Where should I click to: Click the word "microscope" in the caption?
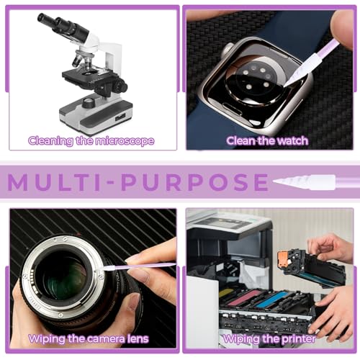pos(125,140)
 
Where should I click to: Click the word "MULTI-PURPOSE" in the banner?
pos(138,182)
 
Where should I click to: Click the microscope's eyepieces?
pos(63,26)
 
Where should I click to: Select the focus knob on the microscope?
pos(120,86)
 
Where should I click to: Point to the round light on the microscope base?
pos(89,102)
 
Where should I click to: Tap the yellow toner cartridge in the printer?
pos(225,293)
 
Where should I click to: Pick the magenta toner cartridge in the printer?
pos(243,297)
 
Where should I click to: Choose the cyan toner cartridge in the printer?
pos(271,299)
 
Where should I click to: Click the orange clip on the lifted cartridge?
pos(284,260)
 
